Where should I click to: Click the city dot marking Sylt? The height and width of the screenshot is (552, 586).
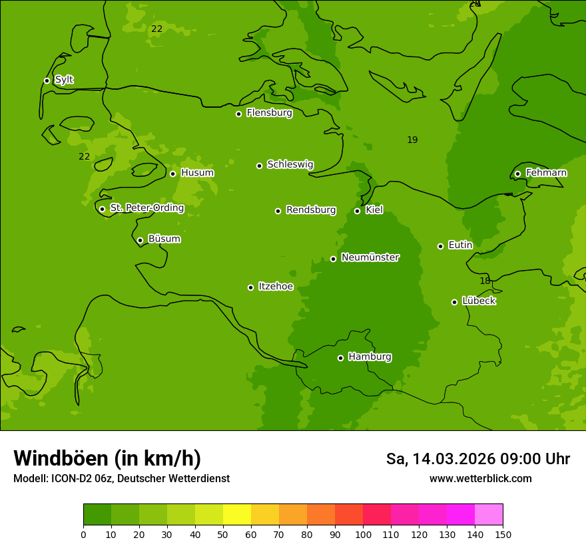[47, 80]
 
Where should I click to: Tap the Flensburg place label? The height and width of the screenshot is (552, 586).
[269, 113]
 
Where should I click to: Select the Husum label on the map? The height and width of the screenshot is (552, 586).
[197, 173]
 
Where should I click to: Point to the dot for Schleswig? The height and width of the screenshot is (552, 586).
[259, 166]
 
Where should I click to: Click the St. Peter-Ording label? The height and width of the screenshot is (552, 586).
[147, 208]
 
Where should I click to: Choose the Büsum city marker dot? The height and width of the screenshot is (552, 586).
[140, 240]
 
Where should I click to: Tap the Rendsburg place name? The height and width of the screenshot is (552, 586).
[311, 210]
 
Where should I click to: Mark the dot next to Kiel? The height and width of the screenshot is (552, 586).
[357, 211]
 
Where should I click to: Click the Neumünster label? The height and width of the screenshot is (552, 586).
[370, 257]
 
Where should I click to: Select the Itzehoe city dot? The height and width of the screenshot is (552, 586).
[250, 287]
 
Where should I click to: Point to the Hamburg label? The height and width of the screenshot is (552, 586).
[370, 357]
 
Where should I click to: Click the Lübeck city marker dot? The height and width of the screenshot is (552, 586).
[454, 302]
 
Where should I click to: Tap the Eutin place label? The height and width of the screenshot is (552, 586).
[460, 245]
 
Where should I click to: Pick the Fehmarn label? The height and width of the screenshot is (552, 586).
[546, 173]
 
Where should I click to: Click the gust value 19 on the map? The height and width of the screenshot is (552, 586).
[412, 140]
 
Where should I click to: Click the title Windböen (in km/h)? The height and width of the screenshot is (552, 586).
[107, 458]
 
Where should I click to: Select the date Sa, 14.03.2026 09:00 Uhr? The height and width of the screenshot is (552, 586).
[477, 459]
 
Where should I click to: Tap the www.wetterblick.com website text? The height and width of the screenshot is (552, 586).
[480, 479]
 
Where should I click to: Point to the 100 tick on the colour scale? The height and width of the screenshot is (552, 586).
[363, 535]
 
